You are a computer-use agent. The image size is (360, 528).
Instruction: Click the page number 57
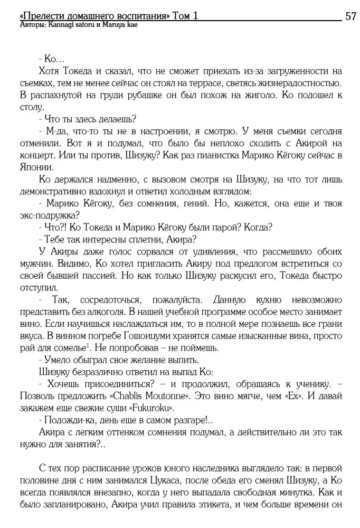point(350,16)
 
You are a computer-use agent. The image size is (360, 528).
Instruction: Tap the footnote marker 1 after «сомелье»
point(87,345)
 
